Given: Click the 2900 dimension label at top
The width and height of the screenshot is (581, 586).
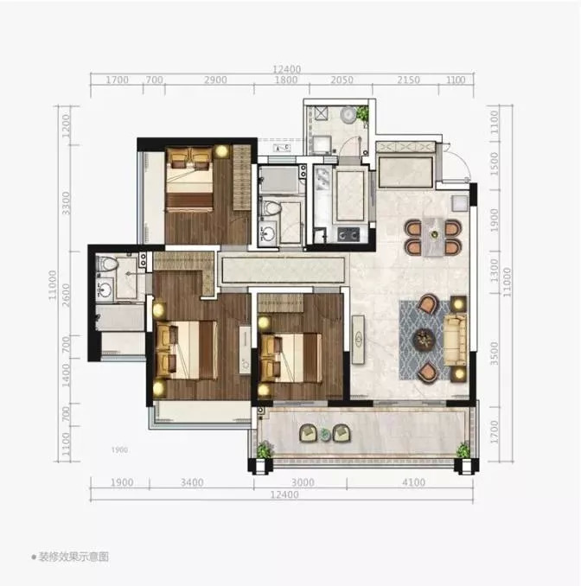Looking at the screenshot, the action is (216, 80).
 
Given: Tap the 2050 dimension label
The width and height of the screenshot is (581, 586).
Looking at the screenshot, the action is (342, 80).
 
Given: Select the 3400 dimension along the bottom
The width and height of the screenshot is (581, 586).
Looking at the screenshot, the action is (192, 482).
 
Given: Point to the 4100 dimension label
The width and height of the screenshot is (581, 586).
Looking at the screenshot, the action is (413, 482).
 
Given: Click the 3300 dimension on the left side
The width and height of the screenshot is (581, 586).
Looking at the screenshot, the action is (66, 203).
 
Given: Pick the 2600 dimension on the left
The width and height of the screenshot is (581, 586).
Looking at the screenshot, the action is (66, 296).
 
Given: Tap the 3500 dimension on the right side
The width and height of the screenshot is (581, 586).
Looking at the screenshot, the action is (495, 354).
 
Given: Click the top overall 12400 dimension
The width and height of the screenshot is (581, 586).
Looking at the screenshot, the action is (286, 69).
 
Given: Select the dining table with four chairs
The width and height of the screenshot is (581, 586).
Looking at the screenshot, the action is (434, 237).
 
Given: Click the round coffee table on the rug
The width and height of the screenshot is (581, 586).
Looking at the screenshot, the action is (424, 340).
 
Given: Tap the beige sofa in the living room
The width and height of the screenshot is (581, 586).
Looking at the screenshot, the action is (455, 340).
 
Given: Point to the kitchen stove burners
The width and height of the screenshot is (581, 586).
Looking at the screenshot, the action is (348, 234).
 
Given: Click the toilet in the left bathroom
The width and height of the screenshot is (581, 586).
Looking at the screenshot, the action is (107, 264).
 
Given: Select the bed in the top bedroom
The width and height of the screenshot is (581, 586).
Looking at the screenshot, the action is (190, 180).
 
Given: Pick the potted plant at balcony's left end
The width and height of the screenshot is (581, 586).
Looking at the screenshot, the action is (265, 449).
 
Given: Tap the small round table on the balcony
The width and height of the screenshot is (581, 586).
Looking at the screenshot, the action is (325, 434).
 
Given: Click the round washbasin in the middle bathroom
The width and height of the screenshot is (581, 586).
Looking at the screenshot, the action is (268, 234).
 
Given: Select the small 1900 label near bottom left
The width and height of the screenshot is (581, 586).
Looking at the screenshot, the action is (119, 450).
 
